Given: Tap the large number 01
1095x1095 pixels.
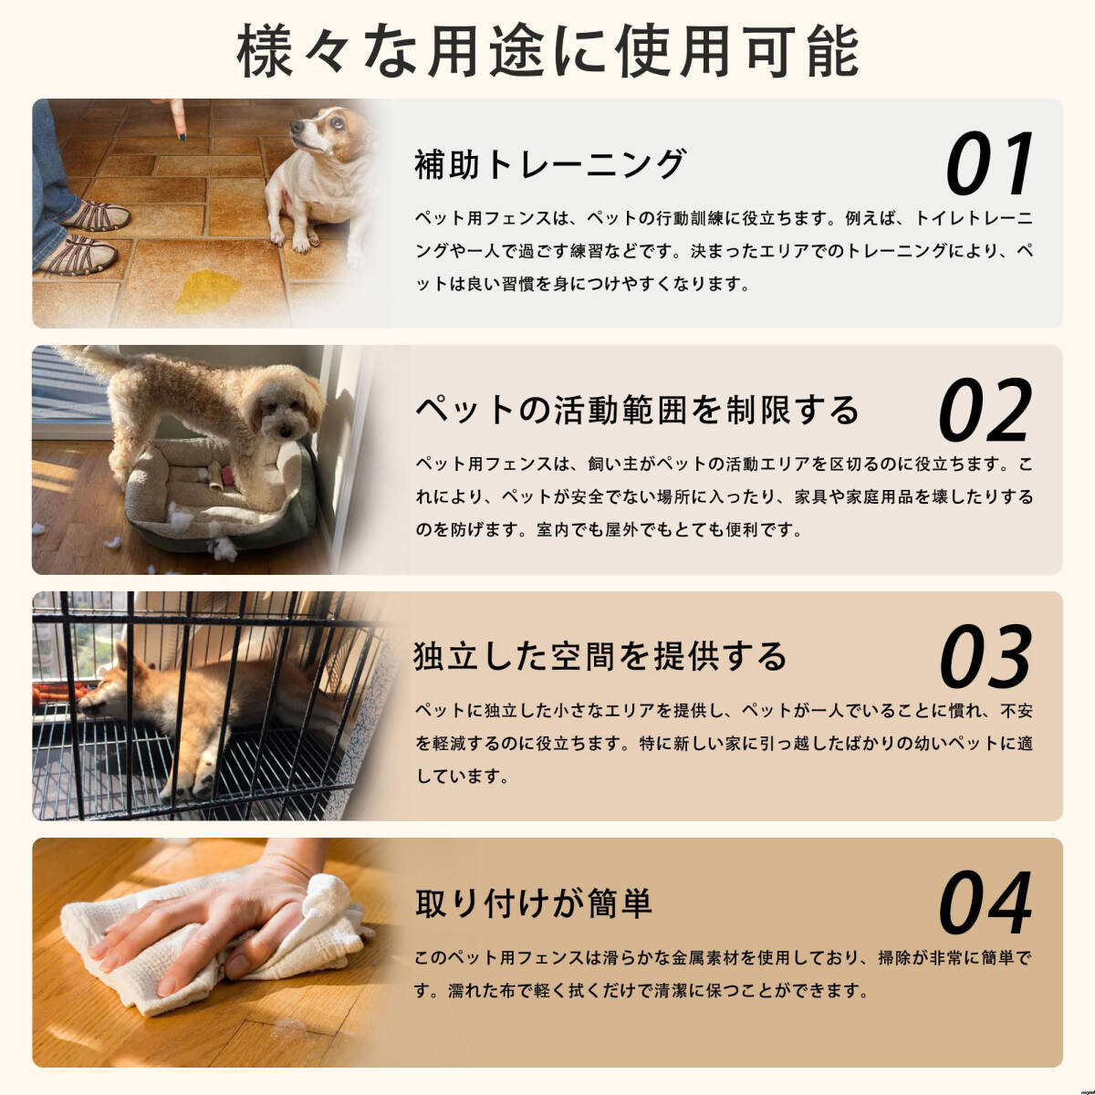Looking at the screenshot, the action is pyautogui.click(x=989, y=164).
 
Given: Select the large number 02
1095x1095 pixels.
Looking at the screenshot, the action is pyautogui.click(x=985, y=411).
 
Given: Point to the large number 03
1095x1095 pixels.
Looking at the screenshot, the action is pyautogui.click(x=985, y=656).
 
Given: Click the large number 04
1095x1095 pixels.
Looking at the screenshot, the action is pyautogui.click(x=985, y=903).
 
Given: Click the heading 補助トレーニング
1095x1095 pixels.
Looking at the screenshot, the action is pyautogui.click(x=550, y=164).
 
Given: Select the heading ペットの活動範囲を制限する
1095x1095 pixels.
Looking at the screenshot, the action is pyautogui.click(x=637, y=410).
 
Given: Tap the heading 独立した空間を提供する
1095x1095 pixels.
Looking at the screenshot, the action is pyautogui.click(x=600, y=656).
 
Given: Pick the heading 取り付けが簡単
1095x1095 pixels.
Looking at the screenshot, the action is pyautogui.click(x=534, y=903).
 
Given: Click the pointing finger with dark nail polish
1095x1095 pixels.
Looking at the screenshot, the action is pyautogui.click(x=178, y=119).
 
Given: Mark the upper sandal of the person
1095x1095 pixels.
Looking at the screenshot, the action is pyautogui.click(x=97, y=216).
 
